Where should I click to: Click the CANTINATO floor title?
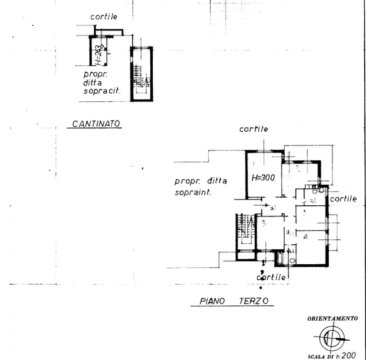coord(96,124)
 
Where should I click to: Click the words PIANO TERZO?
coord(234,302)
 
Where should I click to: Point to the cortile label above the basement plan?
coord(104,17)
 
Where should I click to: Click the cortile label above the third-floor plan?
coord(254,129)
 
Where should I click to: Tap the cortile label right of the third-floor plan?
coord(343,199)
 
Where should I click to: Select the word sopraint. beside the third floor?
coord(194,193)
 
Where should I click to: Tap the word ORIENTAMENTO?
coord(332,318)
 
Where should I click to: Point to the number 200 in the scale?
coord(351,356)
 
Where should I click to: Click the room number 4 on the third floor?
coord(305,236)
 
